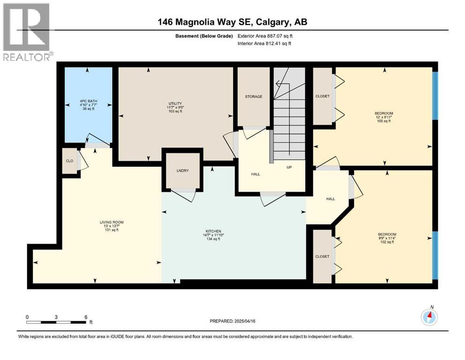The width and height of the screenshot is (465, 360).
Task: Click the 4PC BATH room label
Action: [88, 100]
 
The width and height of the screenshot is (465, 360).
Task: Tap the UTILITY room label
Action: [175, 104]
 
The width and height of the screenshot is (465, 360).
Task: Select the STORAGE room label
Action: [253, 97]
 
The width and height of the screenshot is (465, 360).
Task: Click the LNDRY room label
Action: [183, 171]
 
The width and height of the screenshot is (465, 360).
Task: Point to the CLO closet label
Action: [69, 161]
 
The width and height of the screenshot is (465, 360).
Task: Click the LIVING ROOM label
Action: [111, 222]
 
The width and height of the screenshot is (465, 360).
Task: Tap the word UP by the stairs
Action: [290, 167]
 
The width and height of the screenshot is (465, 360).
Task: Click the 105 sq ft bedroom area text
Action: [383, 121]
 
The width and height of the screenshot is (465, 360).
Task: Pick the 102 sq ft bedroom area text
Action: [387, 242]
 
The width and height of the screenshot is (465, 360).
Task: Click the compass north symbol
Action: [429, 317]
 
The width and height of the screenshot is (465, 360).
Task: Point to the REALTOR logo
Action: [26, 32]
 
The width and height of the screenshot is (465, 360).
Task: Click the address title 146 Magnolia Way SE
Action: [232, 22]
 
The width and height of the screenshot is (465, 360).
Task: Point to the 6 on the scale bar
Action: [85, 317]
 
